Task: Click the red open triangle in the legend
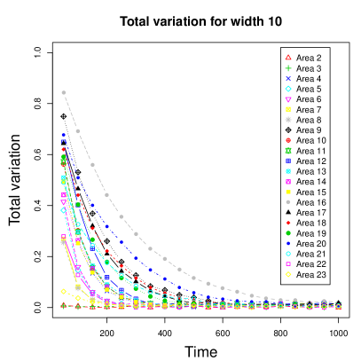click(288, 58)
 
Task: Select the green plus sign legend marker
click(288, 68)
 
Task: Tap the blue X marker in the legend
click(288, 78)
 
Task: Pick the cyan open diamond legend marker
click(288, 89)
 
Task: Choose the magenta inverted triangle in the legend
click(288, 99)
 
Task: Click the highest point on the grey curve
click(64, 92)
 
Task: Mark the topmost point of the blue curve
click(64, 135)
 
